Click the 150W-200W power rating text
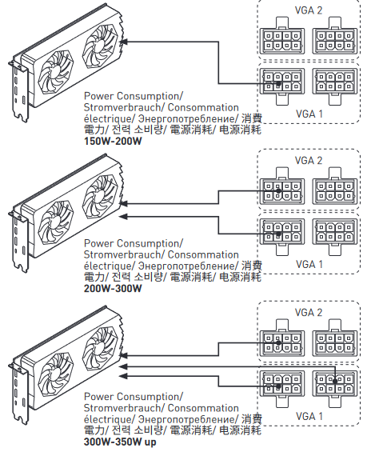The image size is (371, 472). [113, 141]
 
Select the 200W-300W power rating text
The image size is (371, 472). [113, 288]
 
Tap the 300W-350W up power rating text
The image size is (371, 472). [120, 442]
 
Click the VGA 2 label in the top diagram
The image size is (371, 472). [309, 10]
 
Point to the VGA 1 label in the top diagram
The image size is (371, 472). [309, 114]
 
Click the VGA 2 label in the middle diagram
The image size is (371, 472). [309, 161]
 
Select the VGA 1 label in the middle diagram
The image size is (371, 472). [309, 264]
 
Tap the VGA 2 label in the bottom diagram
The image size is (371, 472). [309, 313]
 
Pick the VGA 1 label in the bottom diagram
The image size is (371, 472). [309, 416]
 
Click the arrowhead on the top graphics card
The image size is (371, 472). [123, 42]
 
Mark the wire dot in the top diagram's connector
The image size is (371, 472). [278, 83]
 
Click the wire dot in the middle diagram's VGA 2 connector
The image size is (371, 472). [278, 191]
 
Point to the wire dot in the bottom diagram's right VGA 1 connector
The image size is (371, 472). [335, 381]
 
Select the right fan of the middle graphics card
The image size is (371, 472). [100, 196]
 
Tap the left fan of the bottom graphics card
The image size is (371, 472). [56, 374]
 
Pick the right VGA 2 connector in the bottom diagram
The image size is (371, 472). [335, 338]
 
